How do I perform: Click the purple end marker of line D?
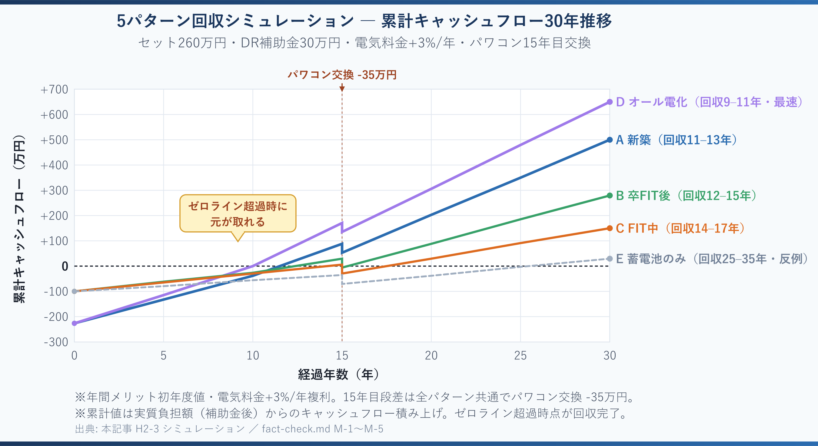[x=609, y=102]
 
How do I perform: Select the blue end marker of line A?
[x=609, y=140]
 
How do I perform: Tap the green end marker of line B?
[x=609, y=196]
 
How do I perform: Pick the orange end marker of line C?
[x=609, y=228]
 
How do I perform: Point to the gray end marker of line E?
[x=609, y=259]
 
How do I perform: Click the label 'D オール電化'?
[x=651, y=102]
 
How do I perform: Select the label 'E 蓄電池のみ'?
[x=651, y=259]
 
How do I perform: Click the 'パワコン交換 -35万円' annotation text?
[x=342, y=75]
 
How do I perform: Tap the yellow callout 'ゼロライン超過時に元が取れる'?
[x=238, y=214]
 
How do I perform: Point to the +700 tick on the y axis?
[x=54, y=90]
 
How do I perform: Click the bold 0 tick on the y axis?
[x=65, y=266]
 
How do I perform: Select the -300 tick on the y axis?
[x=56, y=342]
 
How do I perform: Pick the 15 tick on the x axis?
[x=342, y=355]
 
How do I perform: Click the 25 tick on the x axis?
[x=520, y=355]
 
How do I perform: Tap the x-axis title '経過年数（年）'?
[x=338, y=375]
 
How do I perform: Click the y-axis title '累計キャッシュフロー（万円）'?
[x=19, y=219]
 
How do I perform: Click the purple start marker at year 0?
[x=74, y=323]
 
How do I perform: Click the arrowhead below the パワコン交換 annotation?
[x=342, y=89]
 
